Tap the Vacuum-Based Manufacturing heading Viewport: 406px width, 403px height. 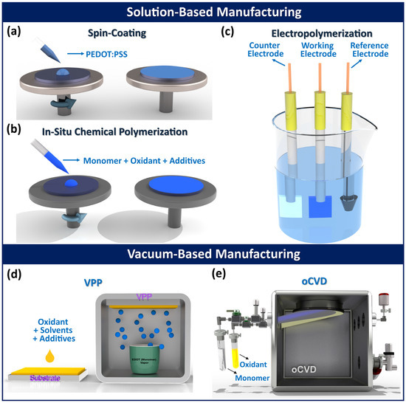tap(203, 255)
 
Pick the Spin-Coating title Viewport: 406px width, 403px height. tap(105, 33)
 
